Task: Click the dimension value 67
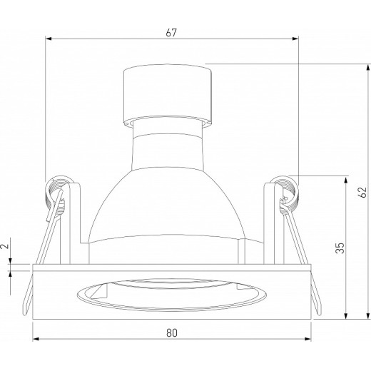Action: coord(171,33)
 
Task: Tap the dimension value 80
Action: coord(172,333)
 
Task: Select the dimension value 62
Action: coord(363,192)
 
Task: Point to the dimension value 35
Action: coord(340,248)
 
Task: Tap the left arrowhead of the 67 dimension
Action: coord(49,39)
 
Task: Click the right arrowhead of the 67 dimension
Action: coord(295,39)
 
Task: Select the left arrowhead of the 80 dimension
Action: coord(36,339)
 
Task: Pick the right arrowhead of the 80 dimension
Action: coord(308,339)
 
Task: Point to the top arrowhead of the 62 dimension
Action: coord(368,67)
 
